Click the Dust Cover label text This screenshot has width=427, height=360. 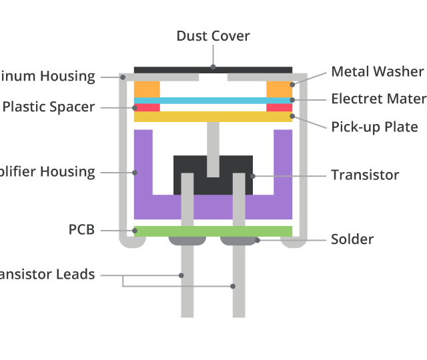click(213, 36)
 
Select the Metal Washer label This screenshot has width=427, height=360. click(377, 72)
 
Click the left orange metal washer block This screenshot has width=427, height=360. click(147, 89)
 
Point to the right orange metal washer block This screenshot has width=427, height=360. click(279, 89)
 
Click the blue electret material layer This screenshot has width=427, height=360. click(213, 101)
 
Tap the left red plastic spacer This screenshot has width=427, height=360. click(147, 107)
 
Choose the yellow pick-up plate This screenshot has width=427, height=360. click(213, 117)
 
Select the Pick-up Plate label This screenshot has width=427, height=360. click(374, 127)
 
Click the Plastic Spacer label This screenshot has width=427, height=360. click(49, 107)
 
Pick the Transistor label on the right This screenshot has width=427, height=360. click(365, 175)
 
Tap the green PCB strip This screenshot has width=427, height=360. click(213, 231)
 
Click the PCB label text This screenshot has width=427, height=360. click(81, 230)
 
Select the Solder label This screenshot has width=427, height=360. click(352, 239)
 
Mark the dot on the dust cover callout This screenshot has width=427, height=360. click(213, 67)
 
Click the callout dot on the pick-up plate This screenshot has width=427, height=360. click(292, 117)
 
